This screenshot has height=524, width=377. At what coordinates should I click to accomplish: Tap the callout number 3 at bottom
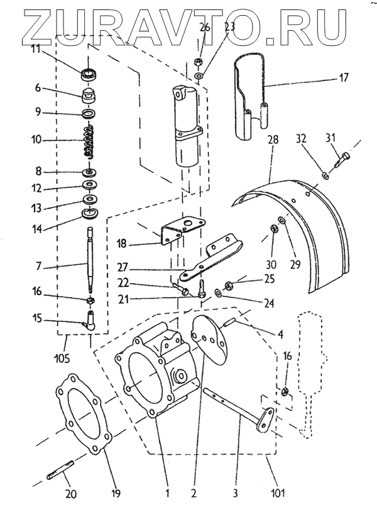click(x=234, y=493)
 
